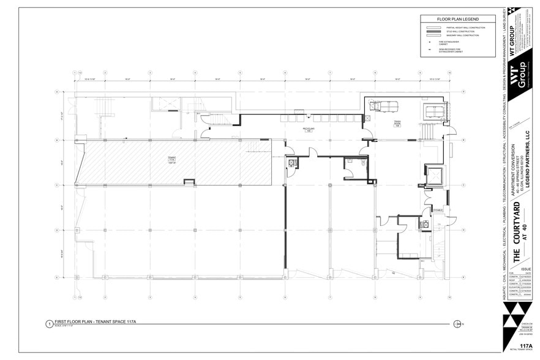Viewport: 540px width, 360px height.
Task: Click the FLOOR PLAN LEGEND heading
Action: (457, 20)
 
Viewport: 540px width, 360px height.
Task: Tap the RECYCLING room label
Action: (308, 130)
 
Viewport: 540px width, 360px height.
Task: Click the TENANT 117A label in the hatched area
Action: (171, 160)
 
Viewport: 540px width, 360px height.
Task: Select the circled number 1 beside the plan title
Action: (49, 324)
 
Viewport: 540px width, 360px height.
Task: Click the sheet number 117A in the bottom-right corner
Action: (524, 346)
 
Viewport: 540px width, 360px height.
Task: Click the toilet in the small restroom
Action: (292, 163)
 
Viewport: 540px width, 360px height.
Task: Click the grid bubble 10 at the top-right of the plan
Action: (449, 72)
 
